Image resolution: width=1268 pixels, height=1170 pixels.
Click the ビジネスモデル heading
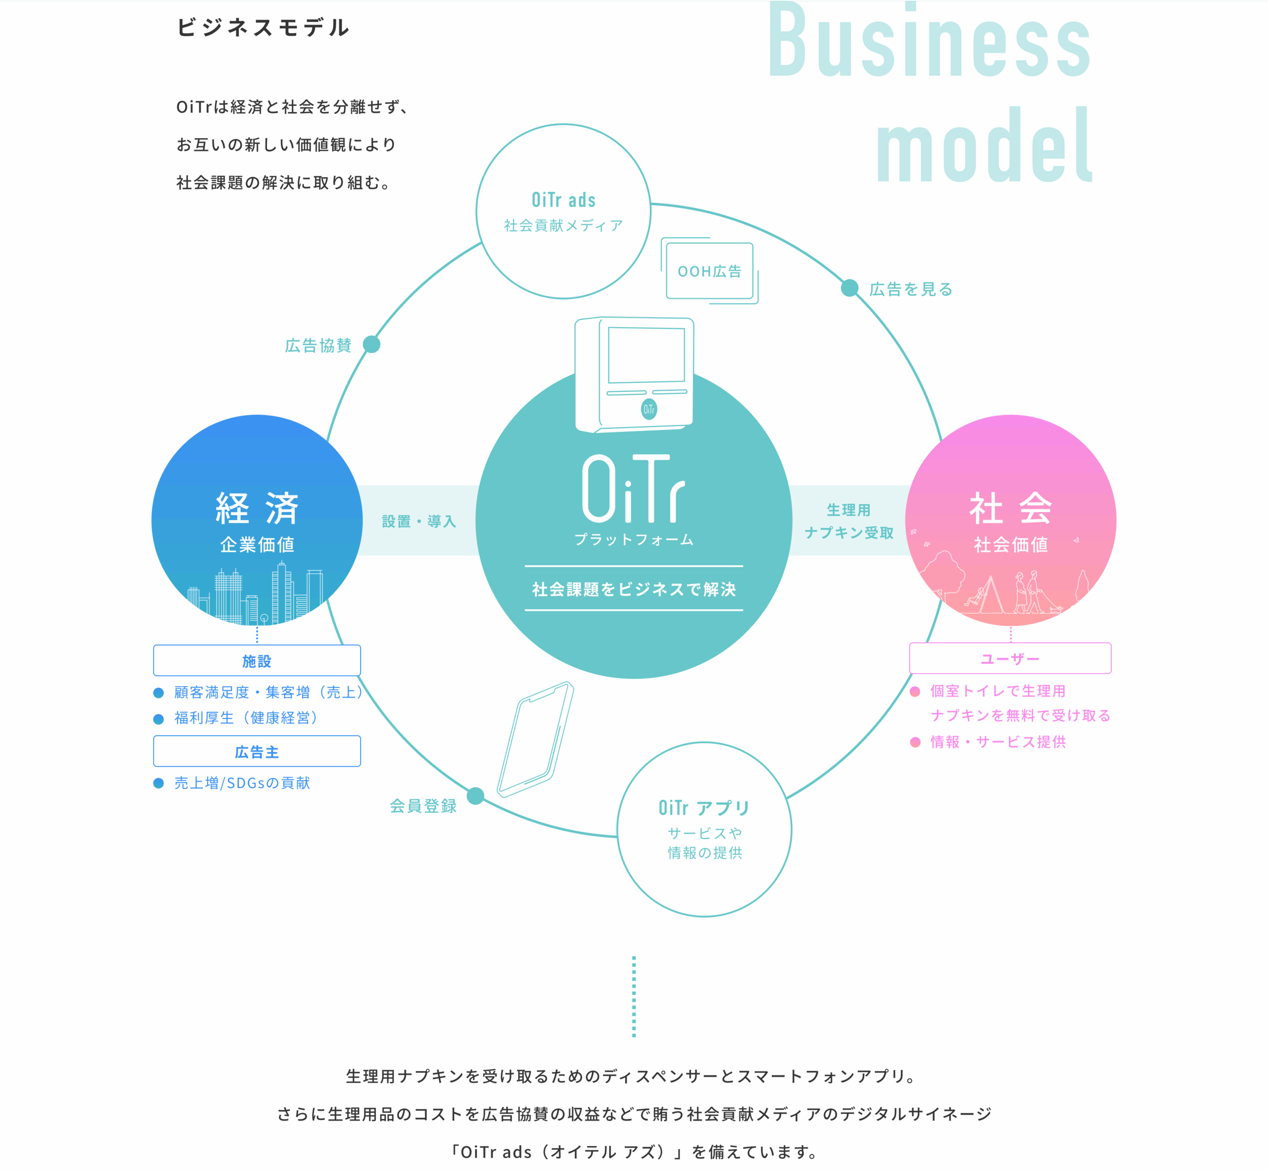click(x=263, y=27)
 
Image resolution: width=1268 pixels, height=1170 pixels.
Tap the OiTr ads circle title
click(x=563, y=200)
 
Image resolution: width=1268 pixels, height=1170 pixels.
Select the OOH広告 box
click(x=710, y=271)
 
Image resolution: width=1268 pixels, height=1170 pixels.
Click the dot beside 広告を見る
click(x=849, y=288)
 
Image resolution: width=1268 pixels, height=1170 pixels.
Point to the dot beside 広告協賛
click(x=371, y=344)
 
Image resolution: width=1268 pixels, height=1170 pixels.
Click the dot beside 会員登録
click(x=475, y=796)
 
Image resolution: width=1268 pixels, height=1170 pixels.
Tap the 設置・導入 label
click(x=419, y=521)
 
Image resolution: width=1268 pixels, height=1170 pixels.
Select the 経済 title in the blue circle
click(x=257, y=508)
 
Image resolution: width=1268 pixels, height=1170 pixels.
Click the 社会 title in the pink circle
click(x=1010, y=508)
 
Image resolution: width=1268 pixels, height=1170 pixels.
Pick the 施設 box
click(x=257, y=660)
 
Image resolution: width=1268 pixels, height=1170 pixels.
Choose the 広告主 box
click(x=257, y=751)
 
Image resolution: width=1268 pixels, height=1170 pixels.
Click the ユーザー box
click(x=1010, y=658)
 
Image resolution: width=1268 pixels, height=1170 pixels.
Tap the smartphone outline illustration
click(x=535, y=739)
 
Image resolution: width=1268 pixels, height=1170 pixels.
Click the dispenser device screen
click(x=646, y=355)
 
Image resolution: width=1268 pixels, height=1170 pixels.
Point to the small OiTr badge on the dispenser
click(x=649, y=409)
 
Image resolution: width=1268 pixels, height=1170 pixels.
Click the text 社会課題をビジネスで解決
click(x=634, y=589)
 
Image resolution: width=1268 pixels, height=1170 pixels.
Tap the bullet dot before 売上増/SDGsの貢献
click(x=159, y=783)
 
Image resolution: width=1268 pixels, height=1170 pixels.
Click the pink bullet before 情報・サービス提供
click(x=915, y=742)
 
